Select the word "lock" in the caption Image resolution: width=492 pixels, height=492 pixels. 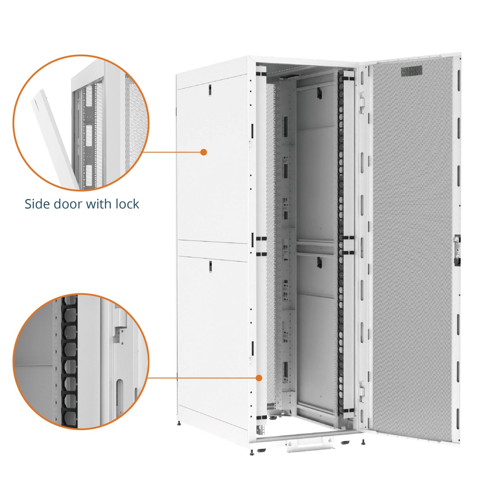[127, 204]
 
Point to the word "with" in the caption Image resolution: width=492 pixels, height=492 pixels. [98, 204]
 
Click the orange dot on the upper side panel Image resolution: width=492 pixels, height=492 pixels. [203, 152]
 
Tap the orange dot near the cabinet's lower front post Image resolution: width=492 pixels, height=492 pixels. [259, 378]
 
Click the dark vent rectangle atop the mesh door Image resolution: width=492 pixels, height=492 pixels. [411, 71]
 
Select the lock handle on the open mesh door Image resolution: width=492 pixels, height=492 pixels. [457, 249]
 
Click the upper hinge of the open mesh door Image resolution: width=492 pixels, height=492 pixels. [362, 100]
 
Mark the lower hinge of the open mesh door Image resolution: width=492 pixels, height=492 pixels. [362, 390]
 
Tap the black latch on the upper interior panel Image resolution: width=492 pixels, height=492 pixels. [319, 93]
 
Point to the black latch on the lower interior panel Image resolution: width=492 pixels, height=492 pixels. [319, 262]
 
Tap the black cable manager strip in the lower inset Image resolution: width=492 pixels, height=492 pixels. [69, 363]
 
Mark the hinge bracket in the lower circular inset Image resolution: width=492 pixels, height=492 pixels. [120, 323]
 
